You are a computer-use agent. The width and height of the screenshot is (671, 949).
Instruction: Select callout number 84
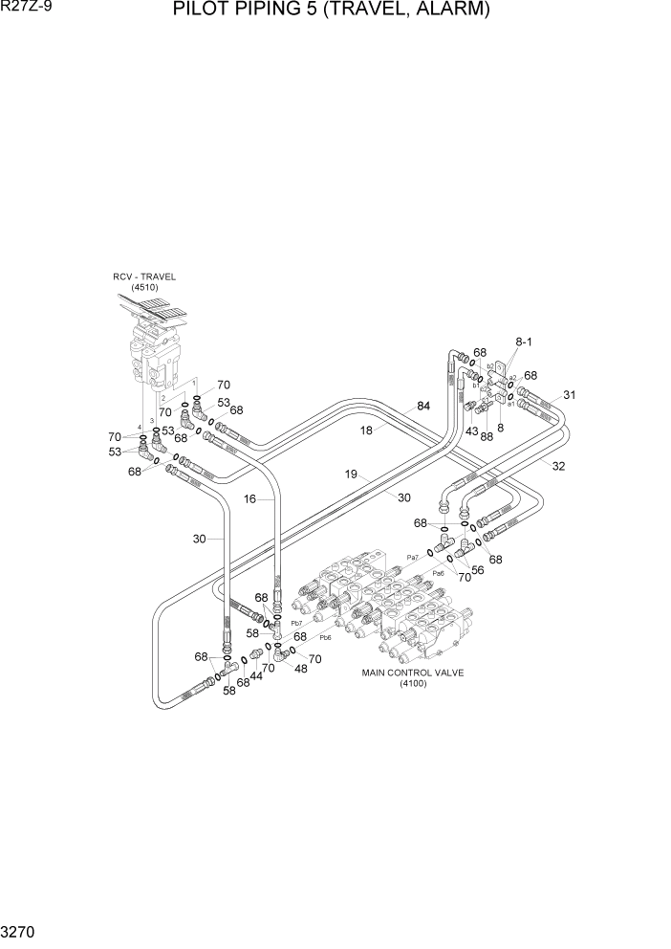tap(422, 406)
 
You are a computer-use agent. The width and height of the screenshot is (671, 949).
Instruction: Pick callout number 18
tap(366, 430)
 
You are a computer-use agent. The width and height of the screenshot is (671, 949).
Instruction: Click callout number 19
tap(351, 473)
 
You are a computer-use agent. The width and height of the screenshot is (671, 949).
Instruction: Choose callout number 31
tap(570, 394)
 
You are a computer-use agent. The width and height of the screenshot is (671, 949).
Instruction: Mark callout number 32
tap(558, 466)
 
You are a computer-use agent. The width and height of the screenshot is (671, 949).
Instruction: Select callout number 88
tap(486, 435)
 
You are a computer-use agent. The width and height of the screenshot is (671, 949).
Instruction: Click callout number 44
tap(255, 676)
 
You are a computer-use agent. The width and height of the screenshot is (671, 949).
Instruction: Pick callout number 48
tap(301, 669)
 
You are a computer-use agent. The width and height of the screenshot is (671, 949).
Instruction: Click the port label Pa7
tap(414, 557)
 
